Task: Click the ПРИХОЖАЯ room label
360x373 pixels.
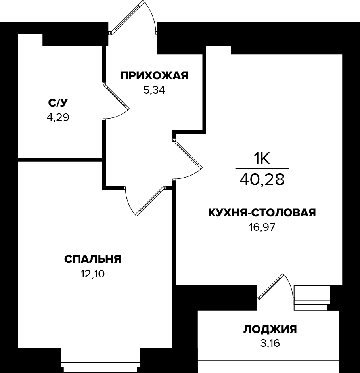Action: coord(154,76)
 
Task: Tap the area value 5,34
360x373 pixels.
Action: coord(154,90)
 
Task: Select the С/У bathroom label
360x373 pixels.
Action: coord(58,103)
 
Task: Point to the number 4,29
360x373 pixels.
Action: coord(58,117)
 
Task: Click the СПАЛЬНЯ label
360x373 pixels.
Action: coord(92,260)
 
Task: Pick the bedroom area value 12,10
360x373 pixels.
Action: coord(92,274)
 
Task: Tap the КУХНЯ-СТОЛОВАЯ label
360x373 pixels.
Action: coord(262,213)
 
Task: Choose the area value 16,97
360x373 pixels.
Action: coord(261,227)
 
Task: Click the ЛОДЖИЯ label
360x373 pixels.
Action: coord(270,329)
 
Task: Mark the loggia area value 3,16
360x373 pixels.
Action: coord(270,343)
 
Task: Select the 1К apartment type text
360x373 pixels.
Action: coord(262,159)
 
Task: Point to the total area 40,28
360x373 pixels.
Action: coord(262,180)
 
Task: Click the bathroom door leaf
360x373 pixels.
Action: coord(116,96)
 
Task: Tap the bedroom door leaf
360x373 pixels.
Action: coord(149,201)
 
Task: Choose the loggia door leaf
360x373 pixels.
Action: coord(271,286)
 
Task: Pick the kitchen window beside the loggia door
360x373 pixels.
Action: coord(312,298)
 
